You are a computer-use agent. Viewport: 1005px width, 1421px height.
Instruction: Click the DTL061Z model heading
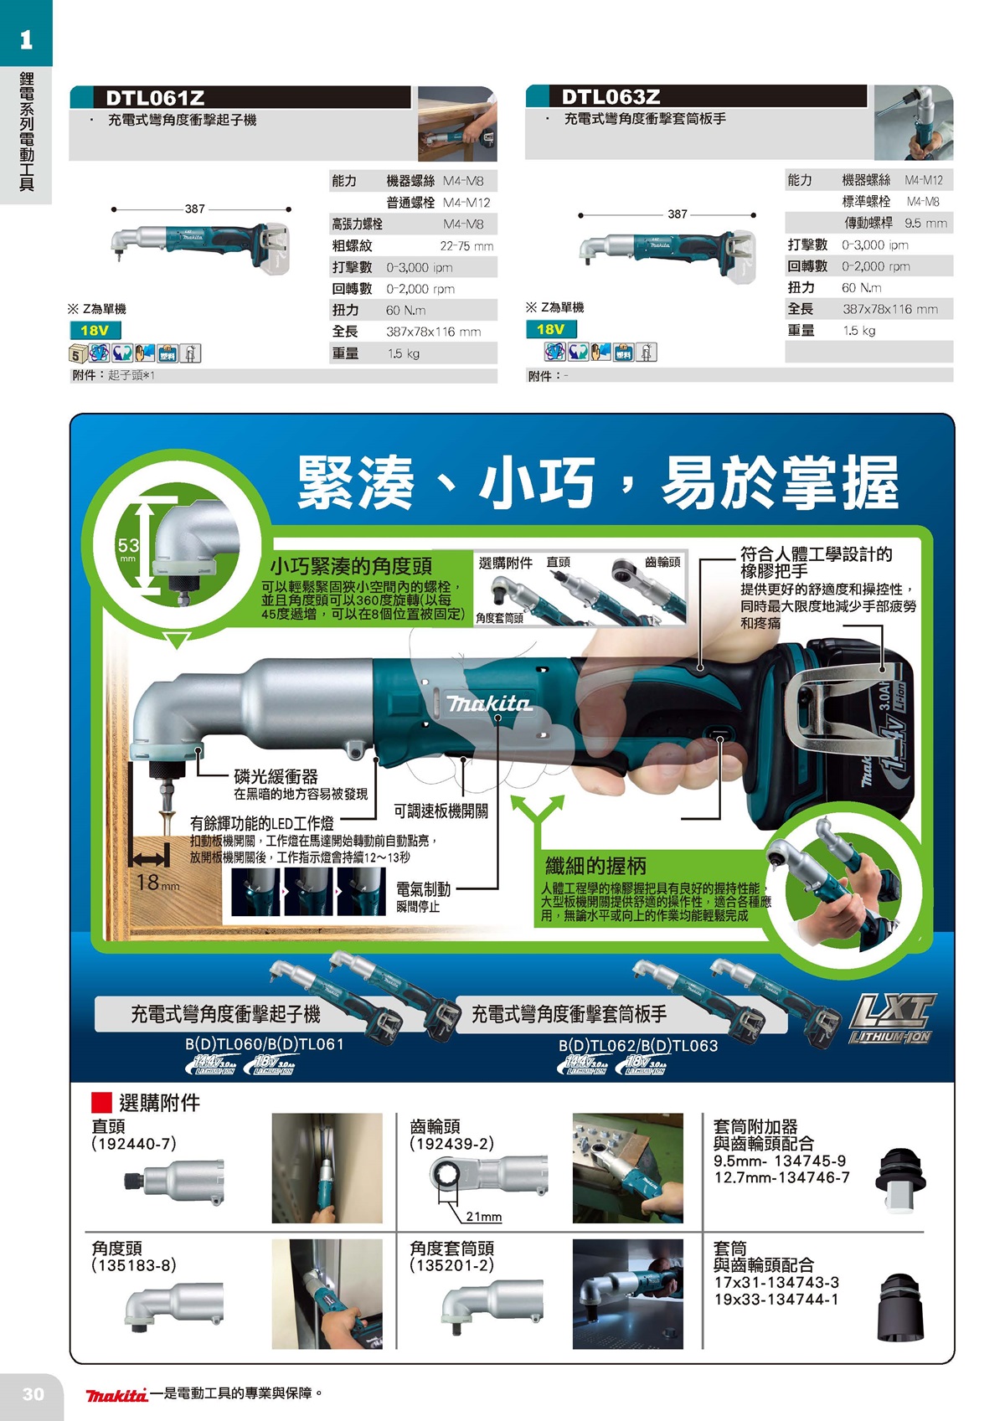tap(155, 98)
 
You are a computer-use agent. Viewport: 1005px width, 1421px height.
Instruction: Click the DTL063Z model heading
tap(611, 97)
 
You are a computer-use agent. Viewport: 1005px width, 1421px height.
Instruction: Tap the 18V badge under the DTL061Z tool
tap(95, 331)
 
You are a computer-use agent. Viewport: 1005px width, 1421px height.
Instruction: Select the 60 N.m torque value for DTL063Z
tap(861, 288)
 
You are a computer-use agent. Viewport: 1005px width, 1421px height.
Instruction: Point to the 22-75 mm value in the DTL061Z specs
tap(466, 246)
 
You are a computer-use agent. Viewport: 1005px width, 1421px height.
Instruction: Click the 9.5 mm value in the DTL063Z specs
tap(925, 224)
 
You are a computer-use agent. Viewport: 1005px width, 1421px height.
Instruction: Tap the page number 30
tap(33, 1394)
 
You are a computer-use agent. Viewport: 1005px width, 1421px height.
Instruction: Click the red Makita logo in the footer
tap(116, 1394)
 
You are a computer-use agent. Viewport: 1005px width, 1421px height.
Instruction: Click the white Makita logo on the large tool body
tap(489, 703)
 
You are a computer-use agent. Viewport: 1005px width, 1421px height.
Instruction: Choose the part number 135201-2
tap(452, 1265)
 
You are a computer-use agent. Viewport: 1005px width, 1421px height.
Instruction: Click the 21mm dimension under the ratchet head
tap(484, 1217)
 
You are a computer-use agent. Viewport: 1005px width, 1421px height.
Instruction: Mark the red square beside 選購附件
tap(101, 1103)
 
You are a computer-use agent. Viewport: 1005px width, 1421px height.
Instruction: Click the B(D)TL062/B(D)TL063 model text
tap(638, 1046)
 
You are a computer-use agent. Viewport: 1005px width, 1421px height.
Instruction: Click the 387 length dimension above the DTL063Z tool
tap(677, 214)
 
